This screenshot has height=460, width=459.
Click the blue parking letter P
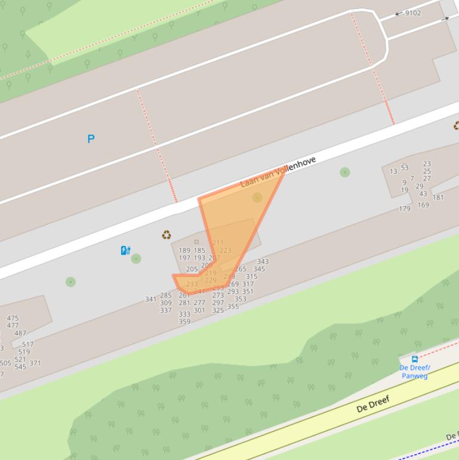[91, 139]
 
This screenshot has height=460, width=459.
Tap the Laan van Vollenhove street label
[278, 172]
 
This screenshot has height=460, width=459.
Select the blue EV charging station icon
[125, 250]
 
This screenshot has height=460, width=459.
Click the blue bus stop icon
[415, 359]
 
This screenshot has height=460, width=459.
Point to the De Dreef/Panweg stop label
[415, 372]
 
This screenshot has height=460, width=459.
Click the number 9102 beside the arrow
[412, 13]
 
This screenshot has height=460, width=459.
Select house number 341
[150, 299]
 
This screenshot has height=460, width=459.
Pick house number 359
[184, 321]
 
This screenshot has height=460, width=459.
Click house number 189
[184, 251]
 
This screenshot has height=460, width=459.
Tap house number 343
[263, 262]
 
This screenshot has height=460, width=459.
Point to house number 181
[438, 198]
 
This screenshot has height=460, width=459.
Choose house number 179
[405, 209]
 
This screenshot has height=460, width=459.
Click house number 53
[405, 168]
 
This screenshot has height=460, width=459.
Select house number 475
[13, 319]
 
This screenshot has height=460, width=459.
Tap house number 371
[35, 363]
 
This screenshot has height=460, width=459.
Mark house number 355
[233, 307]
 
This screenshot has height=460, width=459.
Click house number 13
[393, 171]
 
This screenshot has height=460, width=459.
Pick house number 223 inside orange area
[225, 250]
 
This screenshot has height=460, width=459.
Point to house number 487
[20, 333]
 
